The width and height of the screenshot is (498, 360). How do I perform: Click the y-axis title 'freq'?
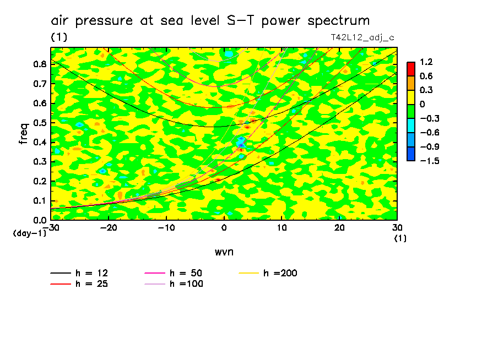[23, 133]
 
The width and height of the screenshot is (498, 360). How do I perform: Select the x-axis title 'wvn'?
[224, 252]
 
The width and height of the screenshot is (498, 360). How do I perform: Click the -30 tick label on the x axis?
[51, 228]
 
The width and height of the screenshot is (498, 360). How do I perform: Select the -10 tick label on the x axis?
[166, 228]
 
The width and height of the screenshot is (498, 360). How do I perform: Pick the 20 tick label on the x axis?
[339, 228]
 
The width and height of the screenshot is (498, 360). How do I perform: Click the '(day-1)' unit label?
[29, 233]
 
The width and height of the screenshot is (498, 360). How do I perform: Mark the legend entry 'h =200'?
[280, 273]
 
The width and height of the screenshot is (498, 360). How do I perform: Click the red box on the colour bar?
[410, 69]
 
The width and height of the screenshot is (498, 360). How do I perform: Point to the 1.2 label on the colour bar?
[426, 62]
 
